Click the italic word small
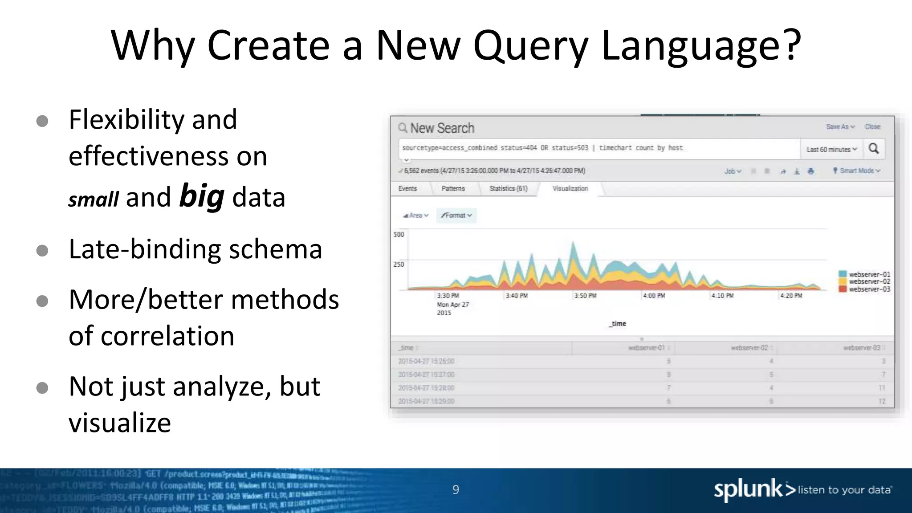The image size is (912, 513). [94, 199]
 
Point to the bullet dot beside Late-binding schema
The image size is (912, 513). [42, 250]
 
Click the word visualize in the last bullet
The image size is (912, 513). [119, 423]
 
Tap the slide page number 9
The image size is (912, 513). [456, 490]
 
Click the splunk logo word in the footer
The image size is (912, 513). [748, 490]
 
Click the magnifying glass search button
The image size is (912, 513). [874, 149]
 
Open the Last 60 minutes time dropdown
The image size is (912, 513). [831, 150]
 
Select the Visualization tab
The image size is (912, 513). [570, 189]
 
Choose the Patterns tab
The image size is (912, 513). [453, 189]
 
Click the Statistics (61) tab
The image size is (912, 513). [508, 189]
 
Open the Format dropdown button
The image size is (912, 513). [456, 216]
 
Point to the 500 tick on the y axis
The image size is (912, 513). [399, 235]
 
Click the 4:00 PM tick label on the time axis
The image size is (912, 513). [654, 296]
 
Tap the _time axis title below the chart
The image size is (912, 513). [618, 324]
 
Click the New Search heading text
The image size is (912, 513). [442, 128]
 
